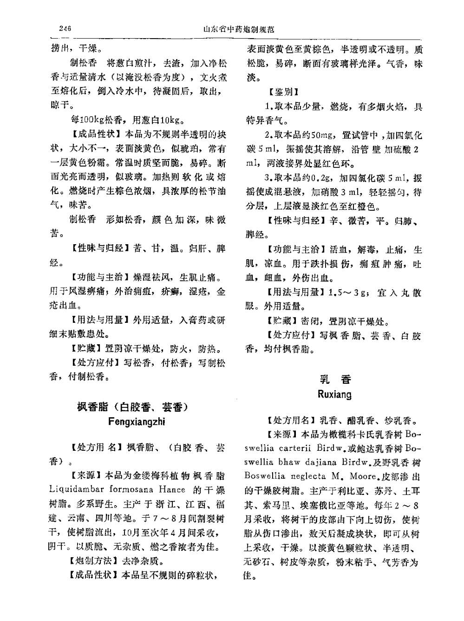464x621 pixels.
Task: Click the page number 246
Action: pyautogui.click(x=65, y=29)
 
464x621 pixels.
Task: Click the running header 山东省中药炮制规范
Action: pyautogui.click(x=239, y=29)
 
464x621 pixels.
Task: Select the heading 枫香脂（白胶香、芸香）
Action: pyautogui.click(x=132, y=407)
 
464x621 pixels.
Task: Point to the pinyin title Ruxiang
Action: pyautogui.click(x=334, y=394)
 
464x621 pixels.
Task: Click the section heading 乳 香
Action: pyautogui.click(x=335, y=379)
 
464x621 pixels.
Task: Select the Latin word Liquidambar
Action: pyautogui.click(x=77, y=489)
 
